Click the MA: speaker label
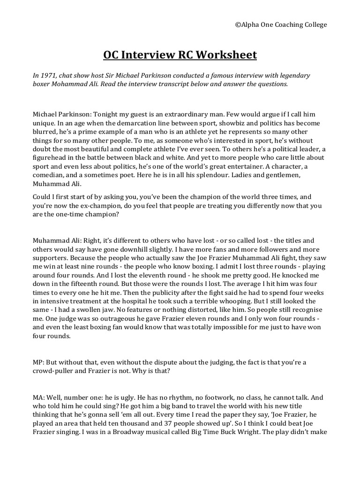[40, 397]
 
